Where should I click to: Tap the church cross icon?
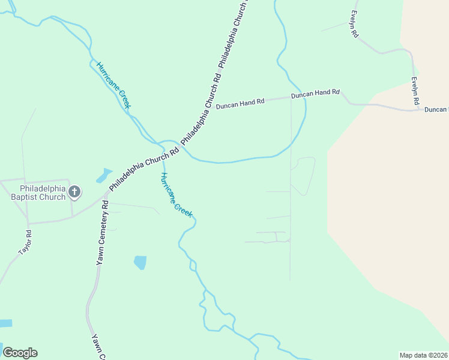[74, 192]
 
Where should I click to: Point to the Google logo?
[20, 353]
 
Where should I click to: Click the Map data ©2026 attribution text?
[423, 355]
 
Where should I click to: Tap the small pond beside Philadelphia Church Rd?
[103, 176]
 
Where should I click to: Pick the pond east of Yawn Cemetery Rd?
[140, 262]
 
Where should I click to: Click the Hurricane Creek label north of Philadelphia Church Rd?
[113, 86]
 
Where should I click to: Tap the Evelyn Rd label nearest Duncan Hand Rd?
[415, 92]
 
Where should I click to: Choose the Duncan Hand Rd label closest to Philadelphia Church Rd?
[240, 103]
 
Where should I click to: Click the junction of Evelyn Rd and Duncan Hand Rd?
[415, 109]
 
